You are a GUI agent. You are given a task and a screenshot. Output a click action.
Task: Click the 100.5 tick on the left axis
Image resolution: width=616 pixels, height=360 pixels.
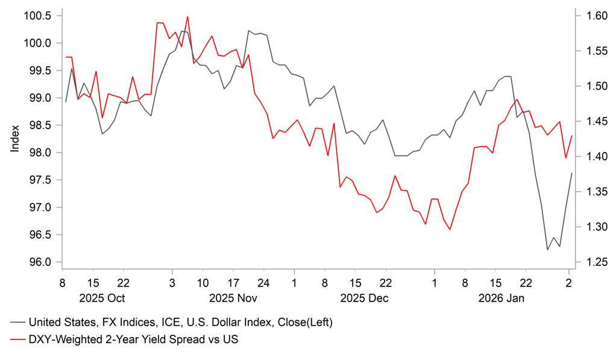point(37,15)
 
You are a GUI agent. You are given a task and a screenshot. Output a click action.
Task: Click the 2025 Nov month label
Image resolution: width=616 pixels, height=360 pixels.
point(233,298)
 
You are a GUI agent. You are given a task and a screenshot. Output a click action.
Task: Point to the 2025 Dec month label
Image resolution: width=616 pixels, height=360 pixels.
point(364,298)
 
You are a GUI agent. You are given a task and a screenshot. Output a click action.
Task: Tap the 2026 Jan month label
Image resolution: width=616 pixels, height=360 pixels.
point(501,298)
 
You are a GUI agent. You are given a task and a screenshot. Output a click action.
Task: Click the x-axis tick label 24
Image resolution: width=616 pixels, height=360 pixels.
point(263,283)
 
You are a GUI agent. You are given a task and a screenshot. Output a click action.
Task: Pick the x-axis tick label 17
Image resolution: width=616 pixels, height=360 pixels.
point(233,283)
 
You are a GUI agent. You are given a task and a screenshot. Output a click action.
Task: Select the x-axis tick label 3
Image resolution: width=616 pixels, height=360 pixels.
point(172,283)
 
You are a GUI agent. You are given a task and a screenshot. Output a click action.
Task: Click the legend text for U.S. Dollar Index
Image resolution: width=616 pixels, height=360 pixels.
point(181,322)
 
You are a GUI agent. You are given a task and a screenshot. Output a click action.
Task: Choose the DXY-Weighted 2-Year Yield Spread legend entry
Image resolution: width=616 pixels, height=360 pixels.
point(133,340)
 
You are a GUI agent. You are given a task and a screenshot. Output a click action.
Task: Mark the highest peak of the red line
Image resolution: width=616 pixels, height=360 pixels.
point(187,17)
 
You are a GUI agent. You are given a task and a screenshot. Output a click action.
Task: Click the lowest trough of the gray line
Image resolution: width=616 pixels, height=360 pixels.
point(547,250)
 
